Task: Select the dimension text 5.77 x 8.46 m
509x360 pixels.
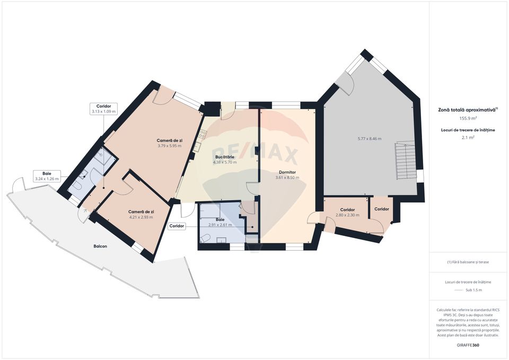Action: [370, 139]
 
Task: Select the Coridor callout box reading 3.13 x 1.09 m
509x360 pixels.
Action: [103, 109]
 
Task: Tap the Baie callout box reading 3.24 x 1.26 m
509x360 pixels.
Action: [47, 176]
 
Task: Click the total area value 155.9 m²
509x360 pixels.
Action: [468, 118]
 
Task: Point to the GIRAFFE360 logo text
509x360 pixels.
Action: [468, 345]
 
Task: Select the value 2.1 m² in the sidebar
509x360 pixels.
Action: [468, 137]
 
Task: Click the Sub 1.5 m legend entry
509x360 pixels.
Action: [473, 290]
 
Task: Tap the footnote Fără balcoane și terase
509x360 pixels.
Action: [468, 262]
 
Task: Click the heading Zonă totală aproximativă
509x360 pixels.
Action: [468, 109]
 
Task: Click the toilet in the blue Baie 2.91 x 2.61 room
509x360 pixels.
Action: [205, 239]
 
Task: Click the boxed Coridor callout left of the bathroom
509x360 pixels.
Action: [177, 226]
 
